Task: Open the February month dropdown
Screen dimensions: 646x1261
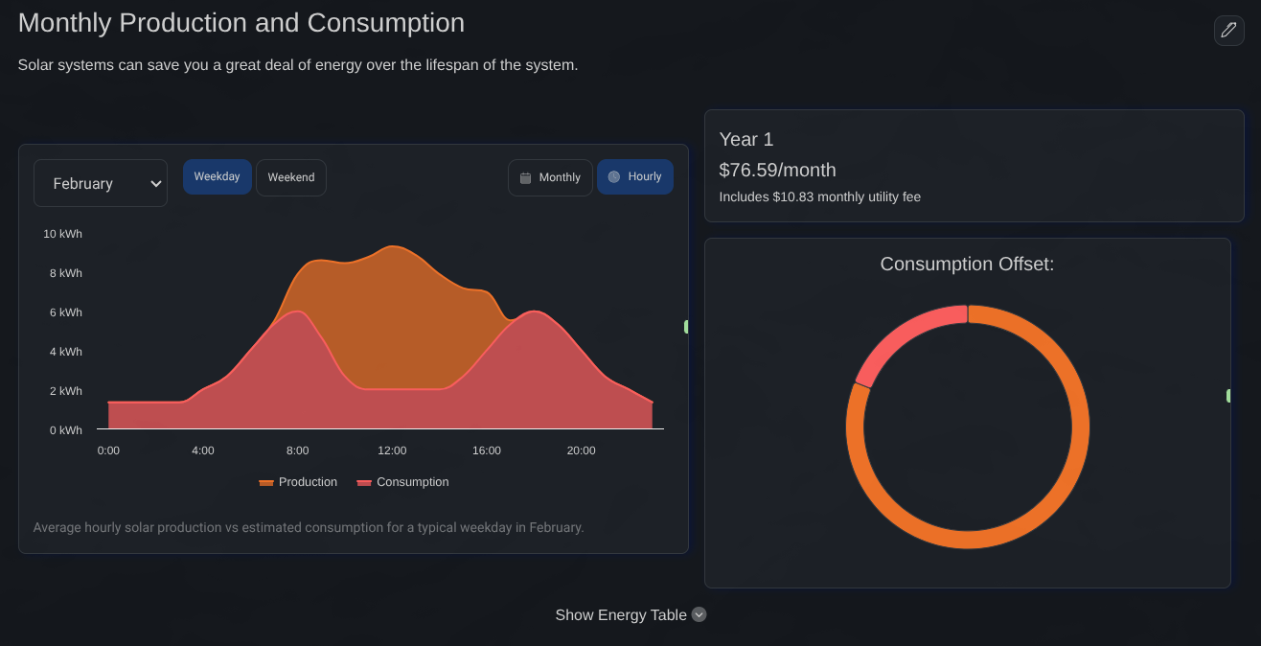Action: point(101,183)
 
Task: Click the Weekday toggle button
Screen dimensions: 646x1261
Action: point(218,177)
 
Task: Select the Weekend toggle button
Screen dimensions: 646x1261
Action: point(291,177)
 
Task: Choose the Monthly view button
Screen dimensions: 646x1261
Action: point(550,177)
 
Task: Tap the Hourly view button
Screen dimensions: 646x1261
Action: point(635,177)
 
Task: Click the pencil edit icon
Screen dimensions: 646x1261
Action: point(1228,31)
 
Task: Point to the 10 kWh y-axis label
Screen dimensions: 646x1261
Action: point(63,234)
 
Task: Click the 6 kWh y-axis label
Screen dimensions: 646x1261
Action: point(66,312)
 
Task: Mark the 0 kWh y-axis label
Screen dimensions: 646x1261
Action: point(66,430)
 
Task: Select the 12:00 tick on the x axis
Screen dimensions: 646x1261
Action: point(392,450)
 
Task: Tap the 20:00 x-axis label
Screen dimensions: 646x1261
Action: point(581,450)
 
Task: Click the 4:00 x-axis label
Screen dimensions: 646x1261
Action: point(203,450)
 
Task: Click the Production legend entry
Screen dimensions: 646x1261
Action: point(298,482)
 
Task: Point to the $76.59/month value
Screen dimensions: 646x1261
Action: point(777,171)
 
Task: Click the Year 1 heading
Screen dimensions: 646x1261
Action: point(745,140)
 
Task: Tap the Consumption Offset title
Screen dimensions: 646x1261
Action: point(967,265)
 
